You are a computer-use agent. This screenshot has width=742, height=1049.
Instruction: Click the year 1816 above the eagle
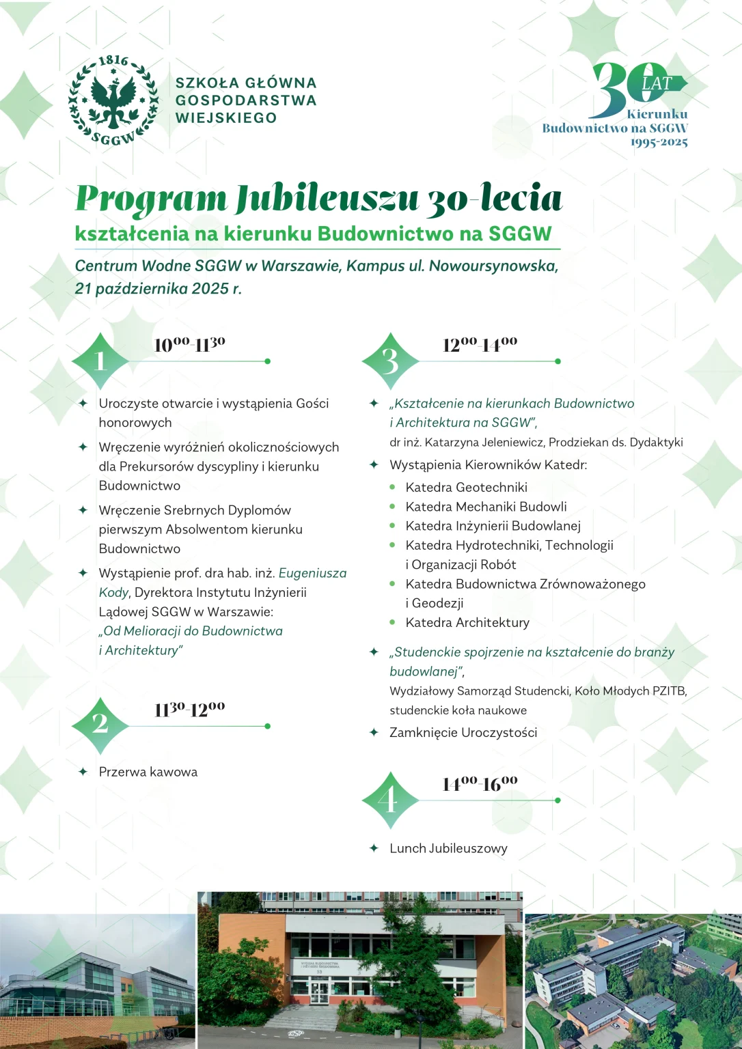click(113, 61)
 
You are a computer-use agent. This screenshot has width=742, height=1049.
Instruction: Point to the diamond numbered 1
click(100, 361)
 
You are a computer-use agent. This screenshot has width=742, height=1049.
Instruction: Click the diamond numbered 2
click(100, 725)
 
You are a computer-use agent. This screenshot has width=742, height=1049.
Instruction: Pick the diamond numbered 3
click(390, 361)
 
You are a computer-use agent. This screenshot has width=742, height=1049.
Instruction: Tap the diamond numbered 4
click(390, 800)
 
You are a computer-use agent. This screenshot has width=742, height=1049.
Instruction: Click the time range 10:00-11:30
click(190, 344)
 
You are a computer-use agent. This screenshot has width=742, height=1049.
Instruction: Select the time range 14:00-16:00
click(480, 783)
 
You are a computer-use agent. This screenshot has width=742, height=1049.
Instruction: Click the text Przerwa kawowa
click(148, 772)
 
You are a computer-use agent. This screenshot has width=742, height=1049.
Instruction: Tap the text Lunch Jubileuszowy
click(448, 848)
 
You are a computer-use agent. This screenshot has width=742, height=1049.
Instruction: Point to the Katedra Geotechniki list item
click(466, 487)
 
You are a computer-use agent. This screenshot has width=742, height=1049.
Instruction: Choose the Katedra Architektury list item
click(467, 622)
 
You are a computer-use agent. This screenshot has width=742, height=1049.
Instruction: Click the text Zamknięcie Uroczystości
click(463, 732)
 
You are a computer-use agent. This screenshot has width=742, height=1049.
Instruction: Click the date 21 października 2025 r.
click(158, 288)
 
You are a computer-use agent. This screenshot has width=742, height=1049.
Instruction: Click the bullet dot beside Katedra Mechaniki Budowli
click(393, 507)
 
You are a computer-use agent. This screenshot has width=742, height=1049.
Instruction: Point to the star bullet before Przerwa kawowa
click(83, 772)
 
